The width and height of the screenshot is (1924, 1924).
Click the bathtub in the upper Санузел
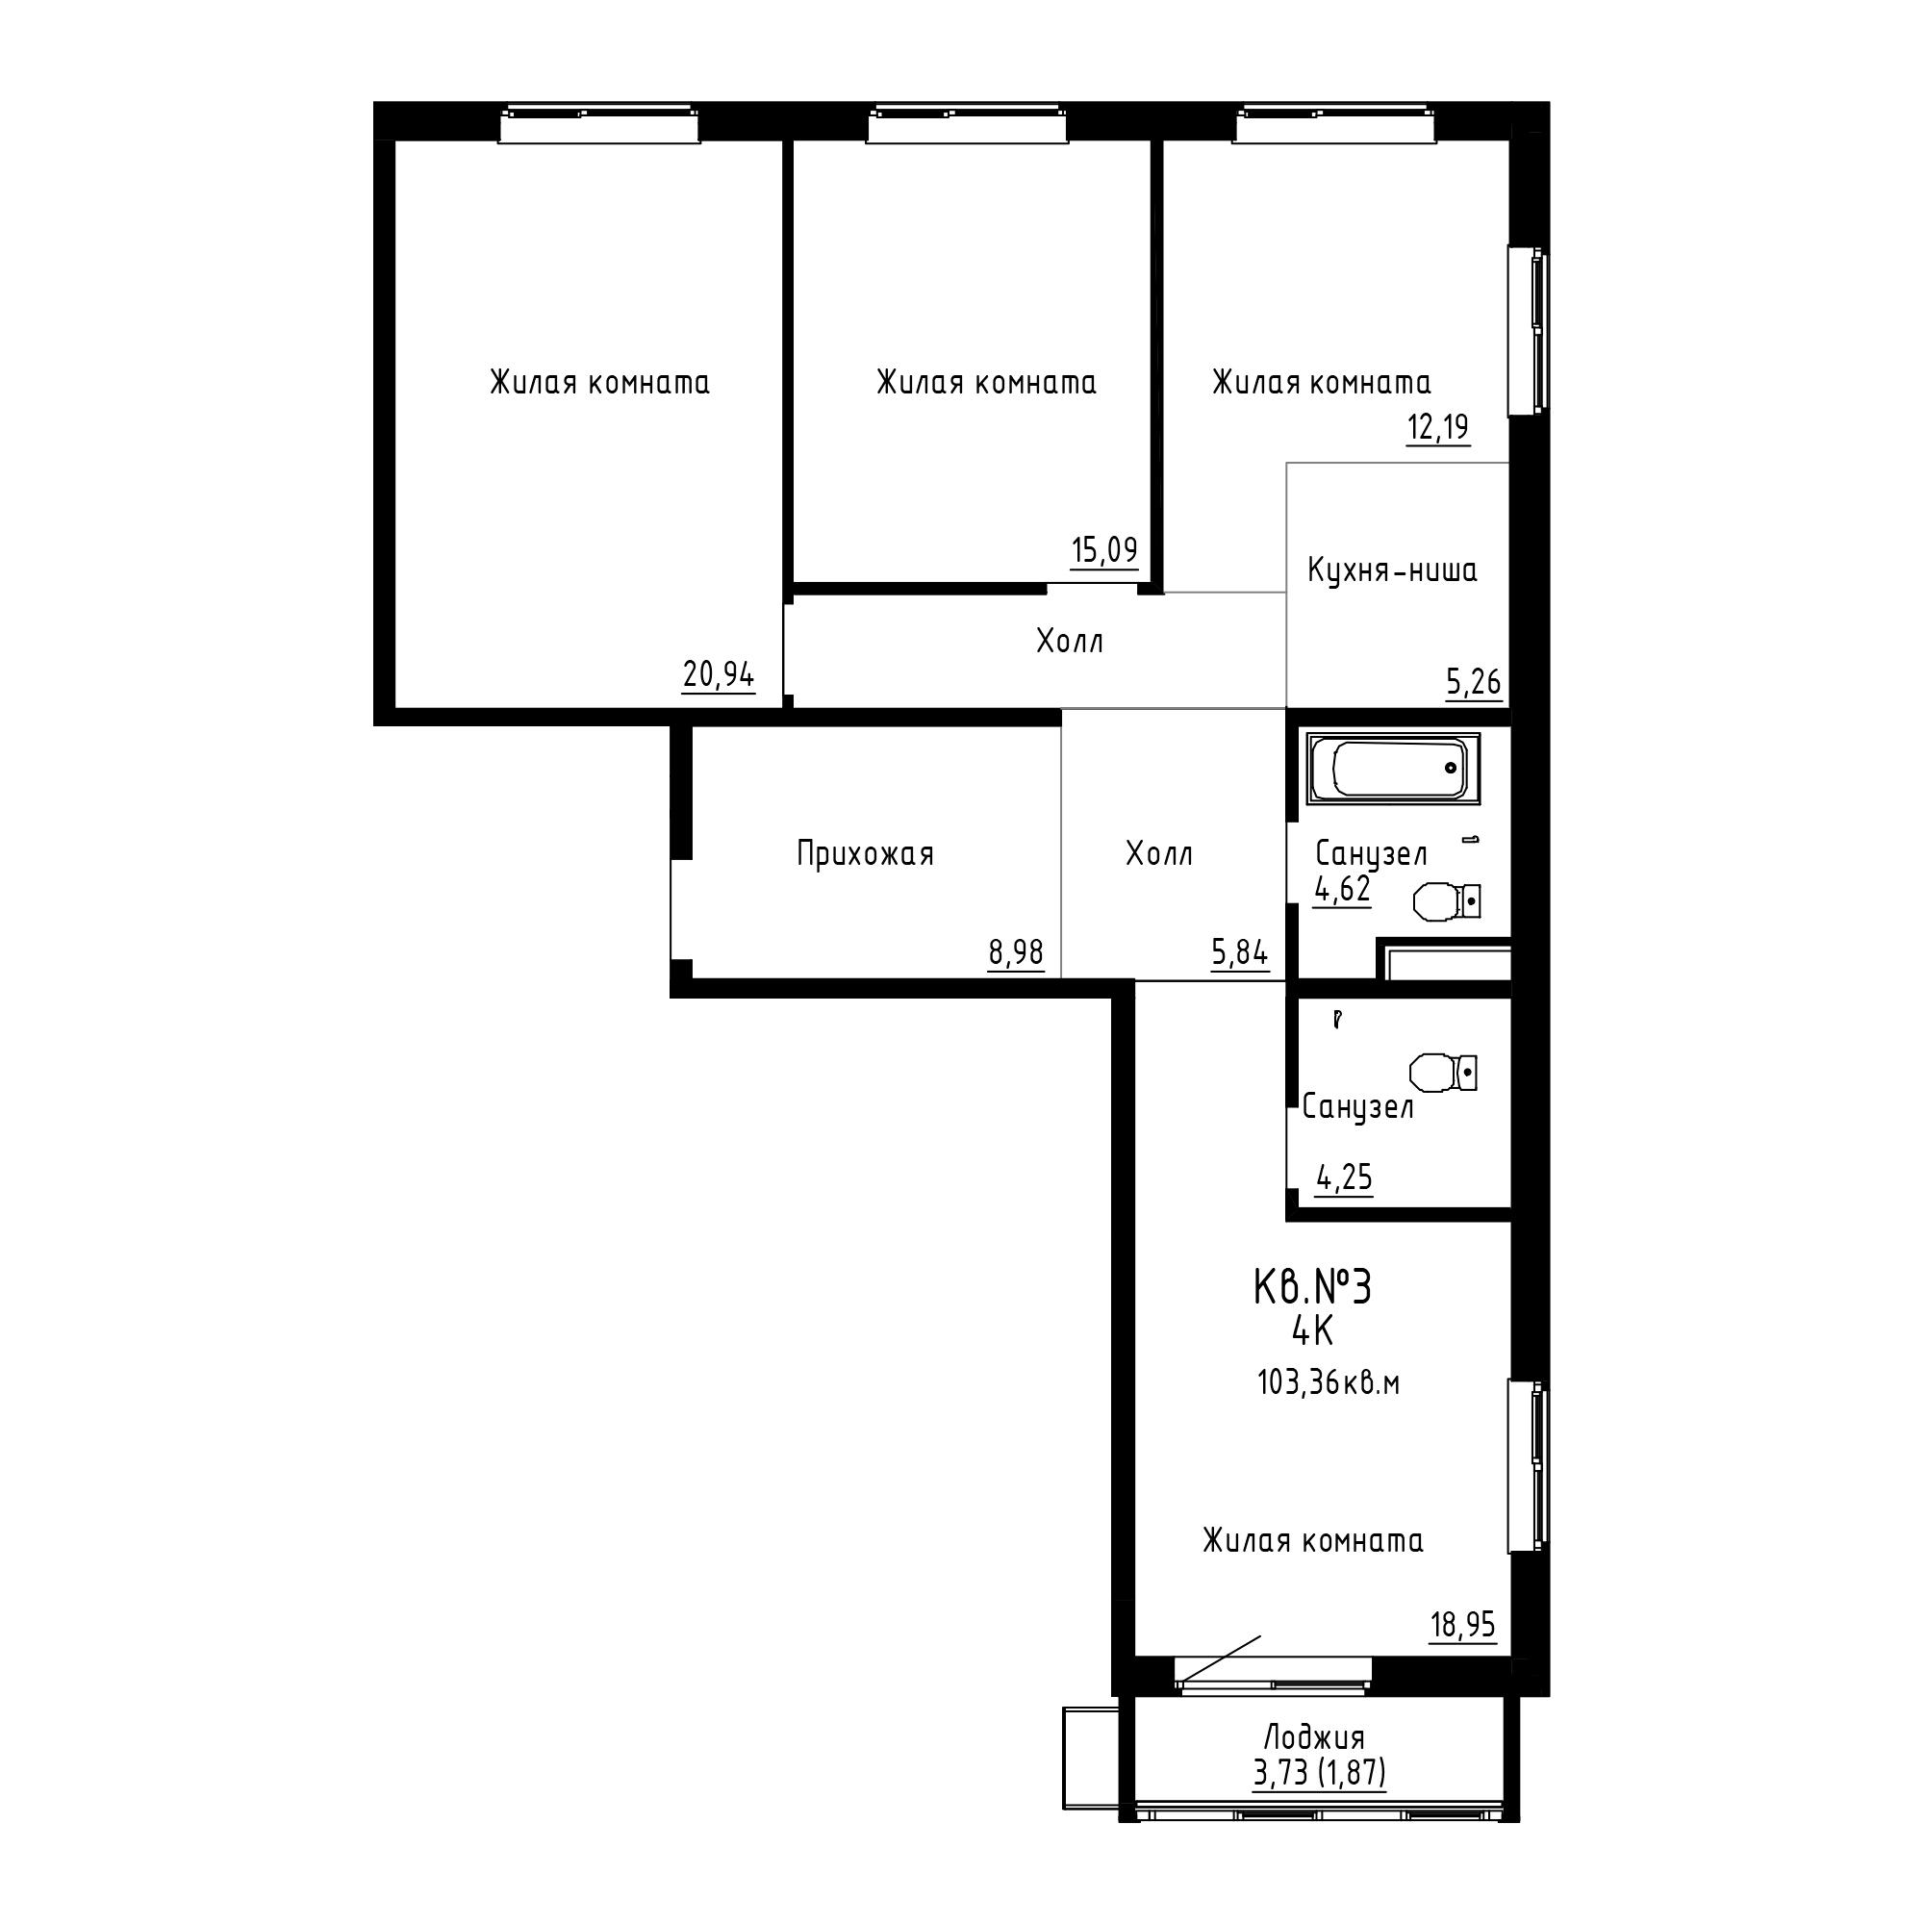click(1393, 769)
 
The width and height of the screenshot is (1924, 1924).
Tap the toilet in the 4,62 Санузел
click(1447, 902)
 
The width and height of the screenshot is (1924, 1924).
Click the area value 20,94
click(718, 676)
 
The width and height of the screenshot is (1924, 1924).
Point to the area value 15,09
click(1103, 549)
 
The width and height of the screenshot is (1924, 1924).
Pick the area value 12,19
click(1438, 428)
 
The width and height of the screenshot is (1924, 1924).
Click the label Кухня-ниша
click(1391, 571)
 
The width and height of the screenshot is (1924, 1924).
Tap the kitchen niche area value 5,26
click(1474, 683)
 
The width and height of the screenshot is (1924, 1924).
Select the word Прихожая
click(866, 854)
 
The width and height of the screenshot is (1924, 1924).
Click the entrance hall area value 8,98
click(1016, 953)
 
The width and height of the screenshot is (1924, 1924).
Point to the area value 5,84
click(1240, 953)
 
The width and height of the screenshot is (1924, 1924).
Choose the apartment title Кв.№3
click(1311, 1288)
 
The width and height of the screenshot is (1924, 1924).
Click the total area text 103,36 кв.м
click(1329, 1384)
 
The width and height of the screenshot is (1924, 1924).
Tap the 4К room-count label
click(1311, 1331)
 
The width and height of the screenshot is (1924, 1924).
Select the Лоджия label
click(1314, 1737)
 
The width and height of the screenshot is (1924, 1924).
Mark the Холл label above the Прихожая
click(1070, 642)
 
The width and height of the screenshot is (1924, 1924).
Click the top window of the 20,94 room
click(598, 125)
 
